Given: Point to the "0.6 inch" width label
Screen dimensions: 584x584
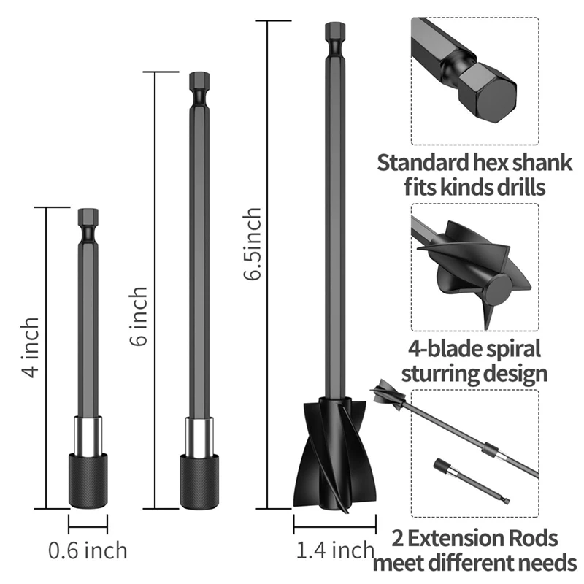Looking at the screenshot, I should pyautogui.click(x=88, y=550).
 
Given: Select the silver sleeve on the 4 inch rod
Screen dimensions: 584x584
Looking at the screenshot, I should pyautogui.click(x=88, y=435).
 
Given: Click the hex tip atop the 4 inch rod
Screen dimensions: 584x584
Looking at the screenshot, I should pyautogui.click(x=88, y=216).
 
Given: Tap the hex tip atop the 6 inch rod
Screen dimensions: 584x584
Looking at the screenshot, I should pyautogui.click(x=199, y=80).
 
